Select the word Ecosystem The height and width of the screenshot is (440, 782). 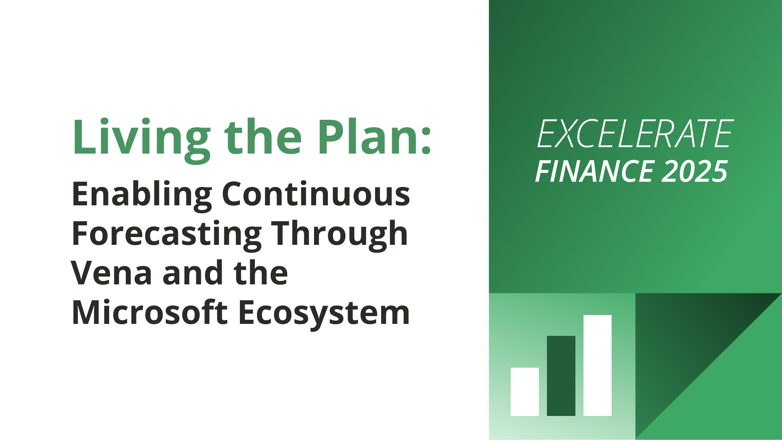tap(324, 314)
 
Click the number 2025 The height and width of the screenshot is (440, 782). tap(694, 172)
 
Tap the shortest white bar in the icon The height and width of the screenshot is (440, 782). tap(525, 392)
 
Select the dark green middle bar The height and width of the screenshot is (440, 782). tap(561, 376)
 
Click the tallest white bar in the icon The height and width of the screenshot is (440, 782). tap(597, 365)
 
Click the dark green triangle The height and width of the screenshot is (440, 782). tap(684, 342)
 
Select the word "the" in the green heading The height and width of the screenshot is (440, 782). tap(263, 136)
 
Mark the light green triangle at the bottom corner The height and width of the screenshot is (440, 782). tap(733, 391)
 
